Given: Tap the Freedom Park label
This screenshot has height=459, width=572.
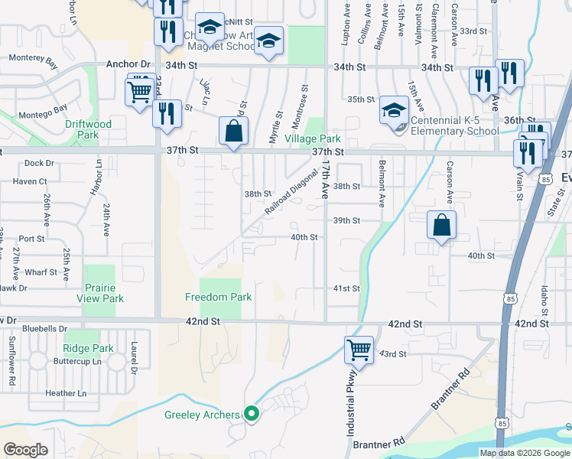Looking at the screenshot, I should [x=219, y=296].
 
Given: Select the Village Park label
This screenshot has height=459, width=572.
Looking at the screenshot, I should [x=313, y=139].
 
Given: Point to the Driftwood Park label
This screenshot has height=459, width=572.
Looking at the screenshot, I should [x=88, y=129].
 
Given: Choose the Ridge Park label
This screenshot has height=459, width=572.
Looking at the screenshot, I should [x=89, y=348].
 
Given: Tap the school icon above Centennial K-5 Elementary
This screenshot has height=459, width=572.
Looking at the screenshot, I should [x=395, y=112].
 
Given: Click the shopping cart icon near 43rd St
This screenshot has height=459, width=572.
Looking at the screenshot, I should [x=359, y=350].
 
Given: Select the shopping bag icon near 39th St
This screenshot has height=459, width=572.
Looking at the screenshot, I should [x=442, y=226].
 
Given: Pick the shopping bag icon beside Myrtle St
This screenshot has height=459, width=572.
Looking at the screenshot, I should [x=234, y=131].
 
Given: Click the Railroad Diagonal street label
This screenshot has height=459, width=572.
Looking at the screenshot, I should [x=291, y=190].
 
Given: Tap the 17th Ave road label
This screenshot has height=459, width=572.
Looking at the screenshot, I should [x=326, y=180].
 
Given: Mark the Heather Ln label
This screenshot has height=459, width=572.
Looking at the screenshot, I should [x=66, y=393].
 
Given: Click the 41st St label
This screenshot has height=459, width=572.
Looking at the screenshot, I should [x=346, y=288].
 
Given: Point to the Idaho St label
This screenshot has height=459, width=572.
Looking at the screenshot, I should [x=543, y=301].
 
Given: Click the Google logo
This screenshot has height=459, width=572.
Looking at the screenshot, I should [x=26, y=450].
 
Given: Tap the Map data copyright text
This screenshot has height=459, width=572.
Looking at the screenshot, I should [x=524, y=453].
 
